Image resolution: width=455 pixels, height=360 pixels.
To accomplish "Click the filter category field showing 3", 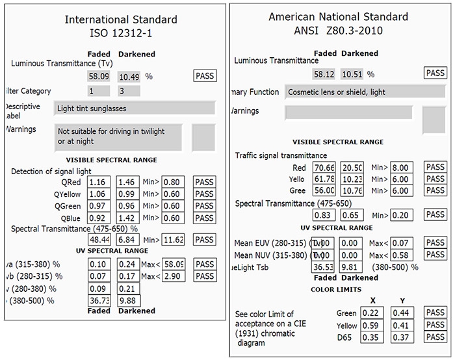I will click(x=128, y=91).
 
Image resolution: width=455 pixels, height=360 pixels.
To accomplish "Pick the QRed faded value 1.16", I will click(x=99, y=182).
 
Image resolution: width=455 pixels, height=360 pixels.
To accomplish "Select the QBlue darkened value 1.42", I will click(x=128, y=218).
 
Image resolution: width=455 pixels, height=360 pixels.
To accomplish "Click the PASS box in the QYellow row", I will click(x=204, y=194).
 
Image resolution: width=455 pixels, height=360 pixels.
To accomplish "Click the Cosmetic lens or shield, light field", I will click(x=348, y=92).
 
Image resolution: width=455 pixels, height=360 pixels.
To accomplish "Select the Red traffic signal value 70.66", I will click(x=324, y=168).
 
